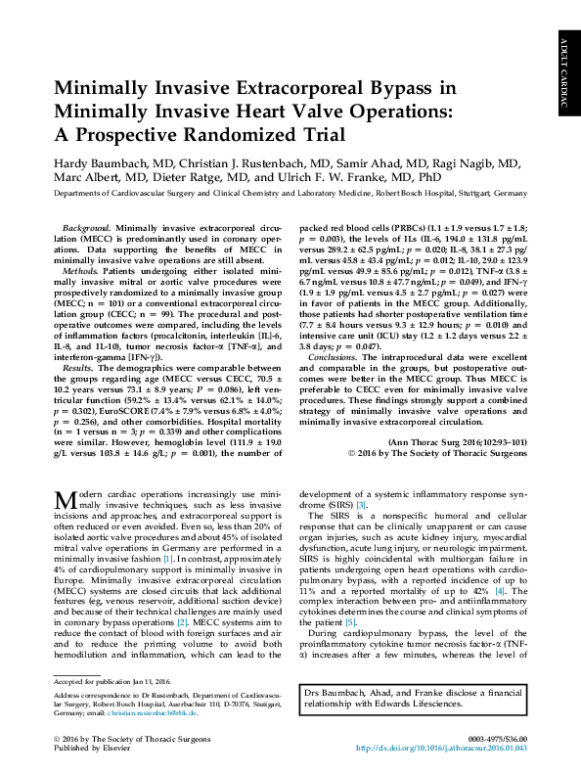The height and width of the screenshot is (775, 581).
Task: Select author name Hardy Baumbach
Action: pyautogui.click(x=103, y=160)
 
